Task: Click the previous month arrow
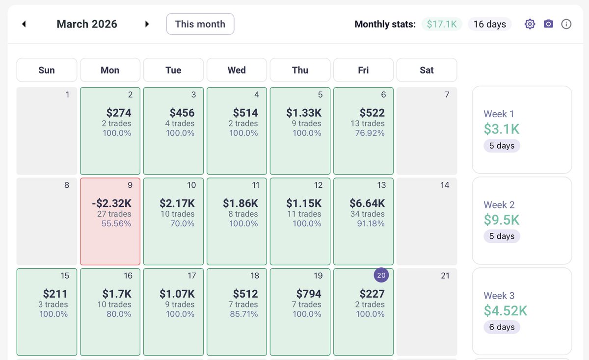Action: click(24, 24)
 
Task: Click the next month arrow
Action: click(147, 24)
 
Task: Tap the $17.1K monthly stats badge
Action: click(442, 24)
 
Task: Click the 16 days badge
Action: click(489, 24)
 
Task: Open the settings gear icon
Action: click(530, 24)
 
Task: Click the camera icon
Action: click(548, 24)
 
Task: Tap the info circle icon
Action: click(566, 24)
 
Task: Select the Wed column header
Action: click(237, 70)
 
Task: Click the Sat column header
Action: click(427, 70)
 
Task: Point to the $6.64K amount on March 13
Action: click(367, 203)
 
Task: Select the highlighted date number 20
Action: click(382, 276)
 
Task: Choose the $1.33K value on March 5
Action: click(304, 113)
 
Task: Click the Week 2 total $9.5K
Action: click(502, 220)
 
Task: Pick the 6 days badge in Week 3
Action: click(502, 327)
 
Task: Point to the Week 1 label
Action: click(499, 114)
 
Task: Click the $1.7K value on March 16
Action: click(117, 294)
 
